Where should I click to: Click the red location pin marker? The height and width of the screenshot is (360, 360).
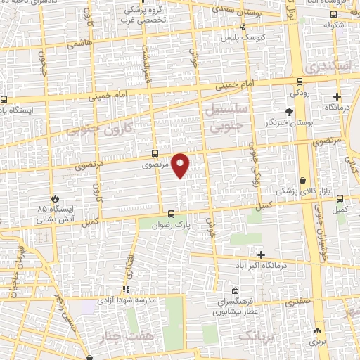coord(181,165)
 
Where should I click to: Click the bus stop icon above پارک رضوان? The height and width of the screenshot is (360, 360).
coord(171,214)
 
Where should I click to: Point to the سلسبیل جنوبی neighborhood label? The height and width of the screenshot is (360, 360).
coord(225,120)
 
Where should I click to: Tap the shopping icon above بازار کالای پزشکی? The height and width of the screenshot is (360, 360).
coord(302,181)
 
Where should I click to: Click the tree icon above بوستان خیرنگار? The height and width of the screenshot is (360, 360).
coord(289,112)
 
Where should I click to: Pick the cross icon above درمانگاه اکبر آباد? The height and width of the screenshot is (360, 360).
coord(262,254)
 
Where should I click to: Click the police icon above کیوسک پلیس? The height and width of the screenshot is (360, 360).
coord(243,27)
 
